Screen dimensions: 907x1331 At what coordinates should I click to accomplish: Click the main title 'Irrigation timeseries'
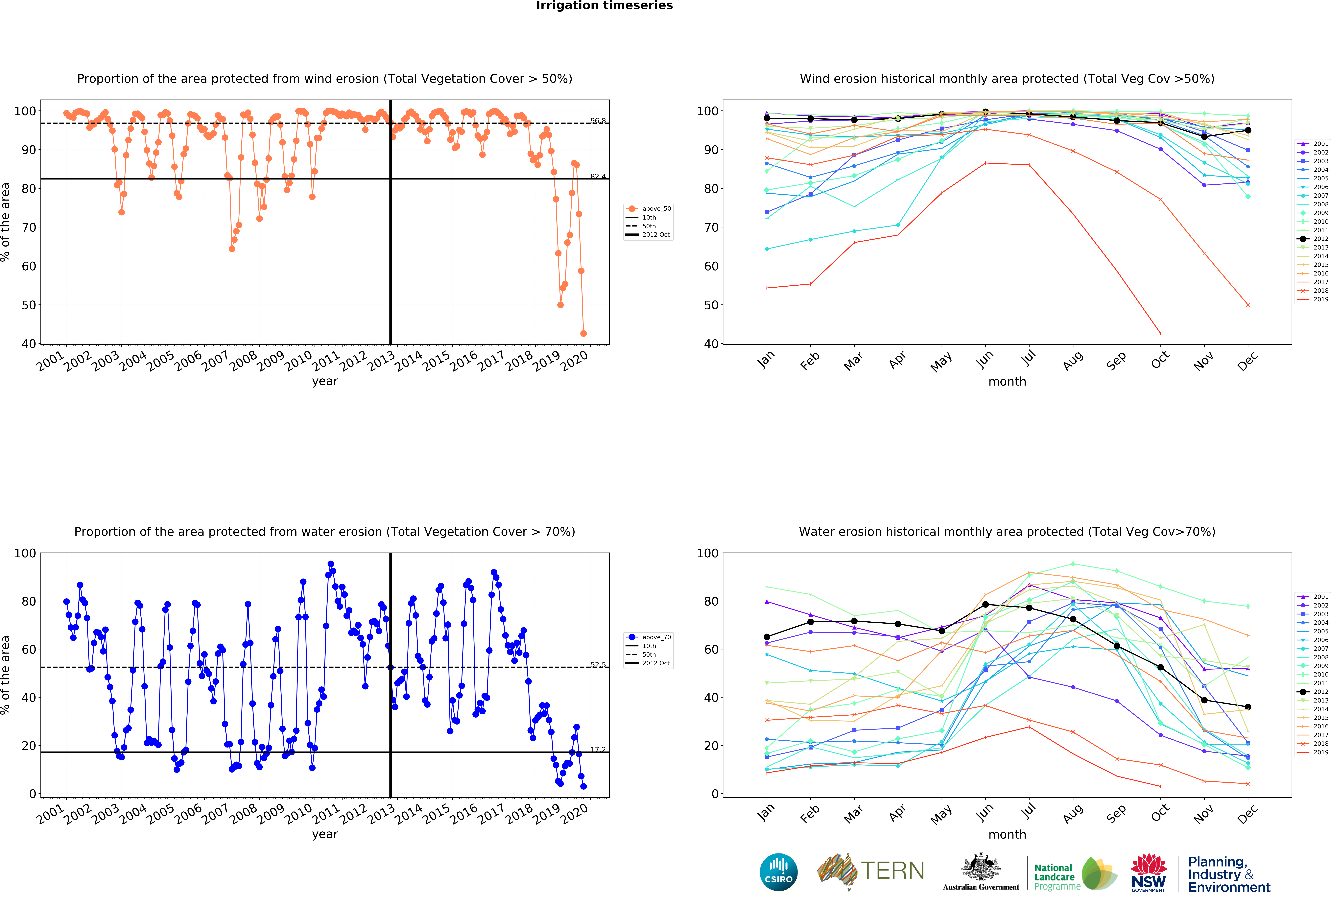[x=604, y=6]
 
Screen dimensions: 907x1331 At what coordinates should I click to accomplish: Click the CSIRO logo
[x=778, y=872]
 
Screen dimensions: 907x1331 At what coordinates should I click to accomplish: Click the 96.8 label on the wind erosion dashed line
[x=598, y=121]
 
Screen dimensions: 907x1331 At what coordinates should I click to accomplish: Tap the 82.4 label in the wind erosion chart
[x=598, y=176]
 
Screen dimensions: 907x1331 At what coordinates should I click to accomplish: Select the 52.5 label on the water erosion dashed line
[x=598, y=665]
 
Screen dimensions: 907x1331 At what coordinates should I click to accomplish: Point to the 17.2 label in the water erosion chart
[x=598, y=750]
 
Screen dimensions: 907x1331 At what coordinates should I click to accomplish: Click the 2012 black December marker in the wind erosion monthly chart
[x=1248, y=131]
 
